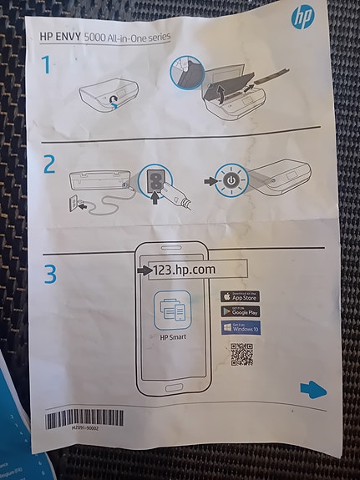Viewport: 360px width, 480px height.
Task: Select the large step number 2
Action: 49,164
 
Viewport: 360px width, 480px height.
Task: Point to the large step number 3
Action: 51,273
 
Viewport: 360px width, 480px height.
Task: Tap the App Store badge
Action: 240,296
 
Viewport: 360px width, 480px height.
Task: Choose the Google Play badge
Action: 240,311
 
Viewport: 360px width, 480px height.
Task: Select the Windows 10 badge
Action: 240,327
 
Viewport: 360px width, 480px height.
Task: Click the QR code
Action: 241,356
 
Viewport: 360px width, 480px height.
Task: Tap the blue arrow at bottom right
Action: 312,388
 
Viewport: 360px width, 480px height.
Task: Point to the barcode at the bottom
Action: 84,417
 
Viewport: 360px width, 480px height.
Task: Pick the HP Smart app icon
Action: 174,311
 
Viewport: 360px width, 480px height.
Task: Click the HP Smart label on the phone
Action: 174,339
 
